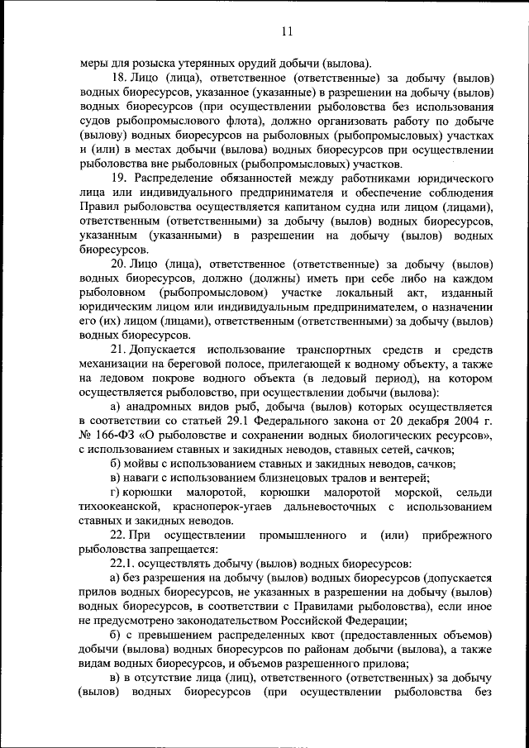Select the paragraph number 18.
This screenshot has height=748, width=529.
[x=118, y=77]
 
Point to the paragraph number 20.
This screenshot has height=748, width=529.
[x=118, y=264]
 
